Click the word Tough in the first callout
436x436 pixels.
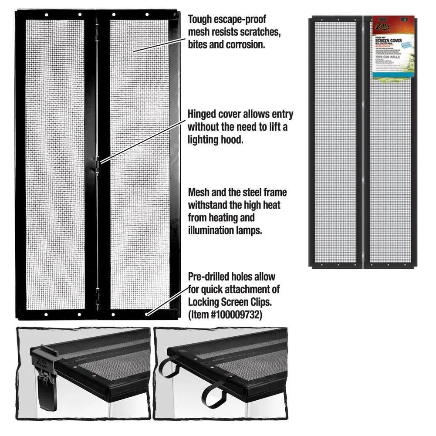tap(199, 20)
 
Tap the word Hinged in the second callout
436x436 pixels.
tap(202, 115)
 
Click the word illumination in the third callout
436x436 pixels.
tap(210, 230)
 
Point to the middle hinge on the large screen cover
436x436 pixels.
tap(98, 165)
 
